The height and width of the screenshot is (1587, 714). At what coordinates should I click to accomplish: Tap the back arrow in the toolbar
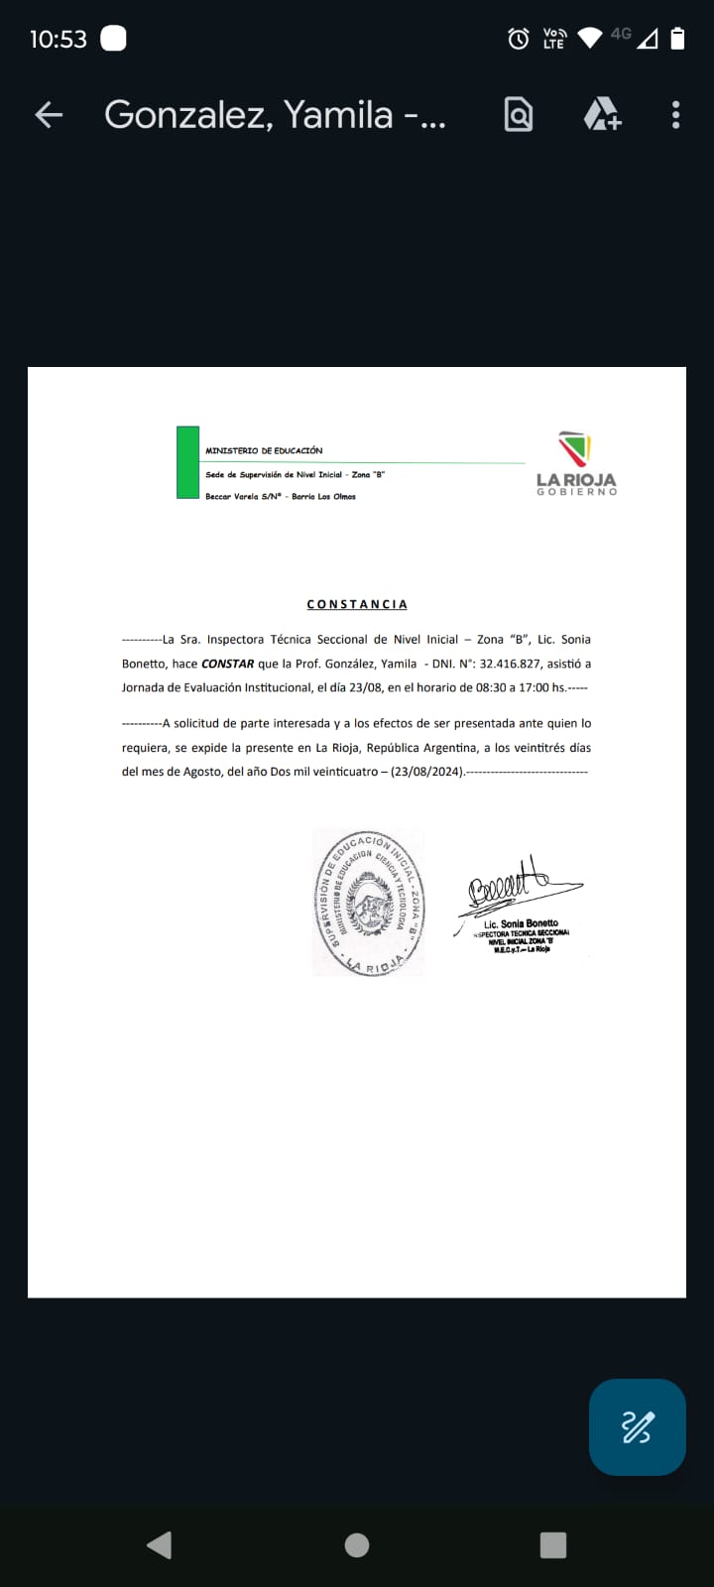pyautogui.click(x=49, y=115)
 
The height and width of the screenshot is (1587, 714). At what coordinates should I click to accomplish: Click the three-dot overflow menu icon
pyautogui.click(x=675, y=115)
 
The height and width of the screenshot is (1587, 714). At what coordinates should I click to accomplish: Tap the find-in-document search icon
pyautogui.click(x=518, y=115)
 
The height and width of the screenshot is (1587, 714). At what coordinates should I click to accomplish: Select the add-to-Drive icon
pyautogui.click(x=602, y=115)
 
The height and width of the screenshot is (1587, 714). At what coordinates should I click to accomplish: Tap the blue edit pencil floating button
pyautogui.click(x=637, y=1426)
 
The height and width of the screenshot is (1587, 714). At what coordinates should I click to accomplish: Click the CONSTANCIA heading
pyautogui.click(x=357, y=604)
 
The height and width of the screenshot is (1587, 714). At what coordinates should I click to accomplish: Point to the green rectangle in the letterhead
pyautogui.click(x=187, y=462)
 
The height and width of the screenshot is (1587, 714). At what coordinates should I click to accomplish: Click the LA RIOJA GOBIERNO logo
pyautogui.click(x=576, y=463)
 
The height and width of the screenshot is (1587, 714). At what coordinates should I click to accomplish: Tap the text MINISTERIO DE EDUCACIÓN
pyautogui.click(x=264, y=450)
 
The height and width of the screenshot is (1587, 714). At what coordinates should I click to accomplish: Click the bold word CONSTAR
pyautogui.click(x=227, y=664)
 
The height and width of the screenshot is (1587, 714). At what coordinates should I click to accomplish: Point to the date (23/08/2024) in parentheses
pyautogui.click(x=426, y=772)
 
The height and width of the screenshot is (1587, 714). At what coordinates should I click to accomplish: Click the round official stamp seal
pyautogui.click(x=368, y=903)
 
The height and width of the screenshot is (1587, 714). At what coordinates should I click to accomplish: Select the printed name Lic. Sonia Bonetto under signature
pyautogui.click(x=521, y=923)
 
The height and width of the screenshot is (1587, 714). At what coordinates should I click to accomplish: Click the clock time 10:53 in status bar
pyautogui.click(x=59, y=39)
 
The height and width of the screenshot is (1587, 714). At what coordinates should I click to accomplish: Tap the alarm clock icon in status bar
pyautogui.click(x=518, y=39)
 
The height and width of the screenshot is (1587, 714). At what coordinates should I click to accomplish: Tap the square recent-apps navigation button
pyautogui.click(x=552, y=1544)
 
